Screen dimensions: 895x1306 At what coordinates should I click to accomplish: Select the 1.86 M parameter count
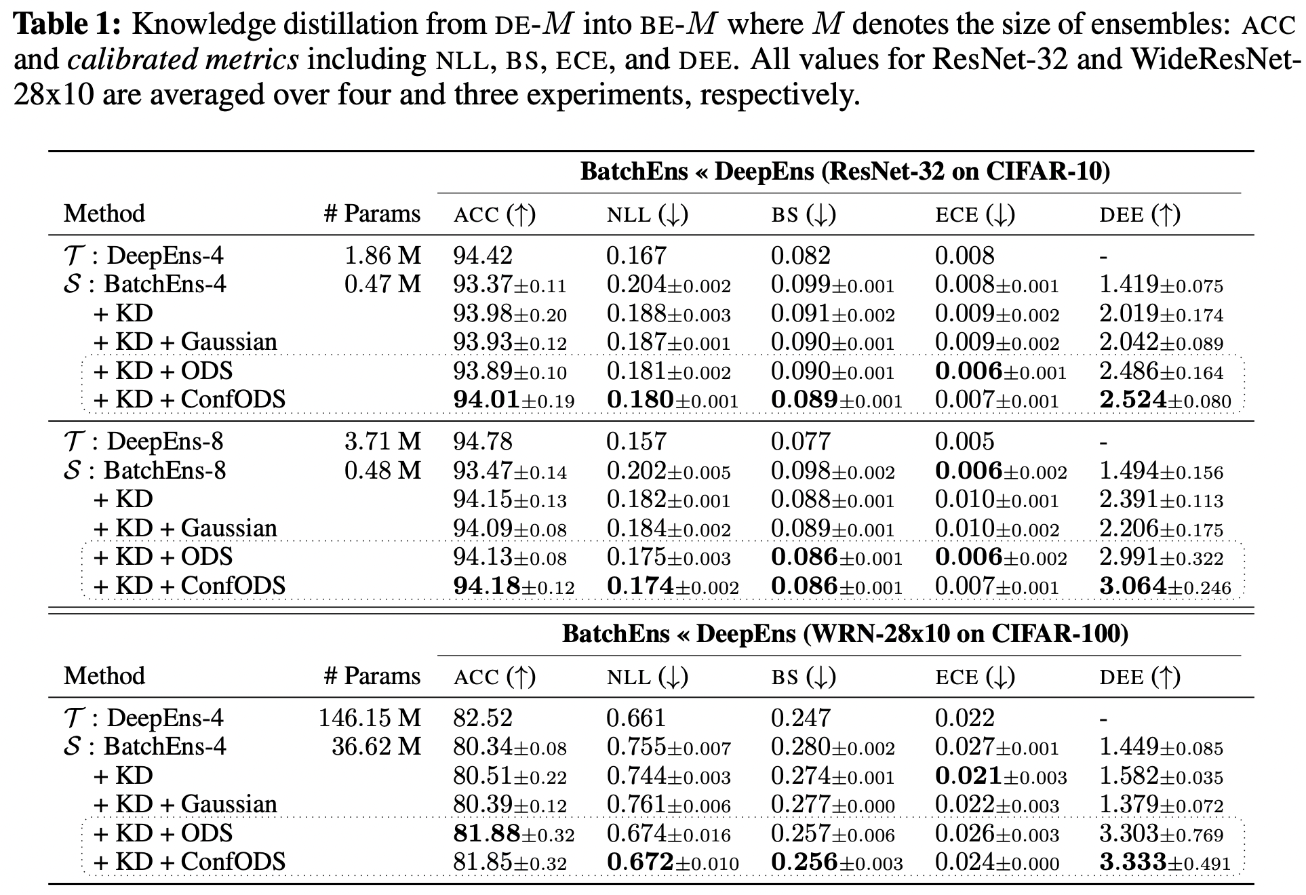382,256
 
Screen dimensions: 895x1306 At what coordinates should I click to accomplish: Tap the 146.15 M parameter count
370,718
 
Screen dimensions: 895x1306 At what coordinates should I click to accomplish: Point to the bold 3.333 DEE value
1132,862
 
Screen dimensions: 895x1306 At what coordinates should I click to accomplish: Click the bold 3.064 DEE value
1132,586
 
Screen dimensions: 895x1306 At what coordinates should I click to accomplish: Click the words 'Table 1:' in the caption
66,24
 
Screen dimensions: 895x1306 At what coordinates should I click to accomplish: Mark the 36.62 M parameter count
376,747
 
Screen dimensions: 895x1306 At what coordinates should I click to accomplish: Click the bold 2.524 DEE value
1132,399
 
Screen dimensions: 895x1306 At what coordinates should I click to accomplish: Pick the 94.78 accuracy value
483,441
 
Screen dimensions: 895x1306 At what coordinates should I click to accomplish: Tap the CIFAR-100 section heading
845,634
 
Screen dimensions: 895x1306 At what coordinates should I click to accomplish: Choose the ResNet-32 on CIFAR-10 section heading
845,172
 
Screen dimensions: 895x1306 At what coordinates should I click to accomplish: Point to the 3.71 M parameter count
382,441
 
